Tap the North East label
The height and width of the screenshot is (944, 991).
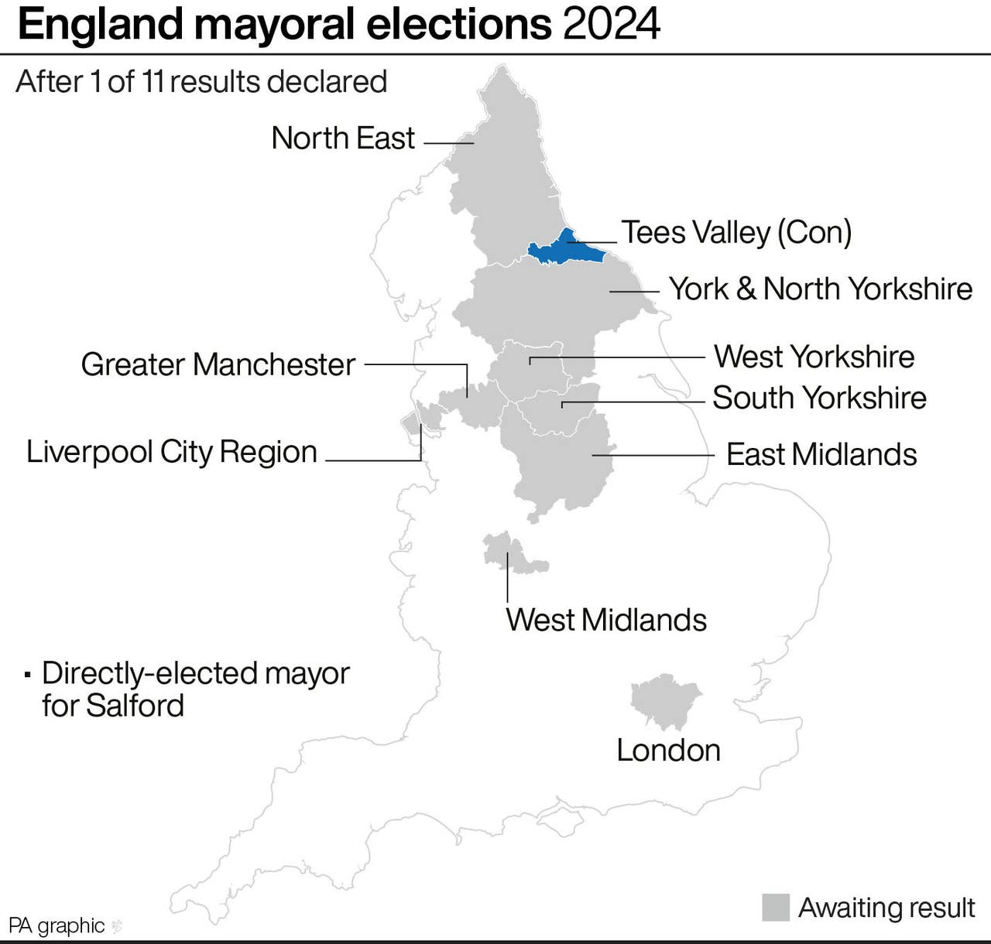[343, 139]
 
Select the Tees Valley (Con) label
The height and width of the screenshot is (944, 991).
[736, 232]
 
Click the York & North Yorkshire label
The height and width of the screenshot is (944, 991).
[821, 289]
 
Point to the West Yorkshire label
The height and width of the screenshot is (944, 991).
[814, 357]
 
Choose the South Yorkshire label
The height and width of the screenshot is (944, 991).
[819, 398]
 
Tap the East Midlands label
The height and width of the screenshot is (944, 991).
[821, 454]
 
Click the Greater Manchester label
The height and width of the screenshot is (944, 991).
[218, 364]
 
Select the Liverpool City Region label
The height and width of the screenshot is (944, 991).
[172, 452]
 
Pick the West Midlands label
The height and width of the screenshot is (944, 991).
[606, 620]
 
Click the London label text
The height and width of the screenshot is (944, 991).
[668, 750]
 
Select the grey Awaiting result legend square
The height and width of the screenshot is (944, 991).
[776, 908]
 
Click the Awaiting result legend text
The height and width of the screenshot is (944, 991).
[886, 908]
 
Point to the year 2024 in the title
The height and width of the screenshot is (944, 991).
[612, 25]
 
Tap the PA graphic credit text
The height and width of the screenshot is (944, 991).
[57, 925]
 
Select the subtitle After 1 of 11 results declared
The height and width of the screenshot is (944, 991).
[201, 81]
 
